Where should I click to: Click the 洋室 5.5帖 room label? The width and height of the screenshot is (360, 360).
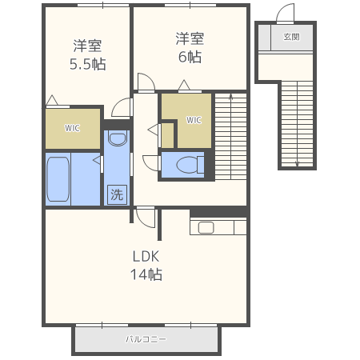coord(88,55)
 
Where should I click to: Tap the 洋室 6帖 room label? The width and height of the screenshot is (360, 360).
coord(190,48)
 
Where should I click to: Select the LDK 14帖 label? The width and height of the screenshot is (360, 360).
coord(146,266)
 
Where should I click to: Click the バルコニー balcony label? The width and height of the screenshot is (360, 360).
coord(146,339)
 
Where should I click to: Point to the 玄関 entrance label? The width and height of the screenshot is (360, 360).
coord(291,37)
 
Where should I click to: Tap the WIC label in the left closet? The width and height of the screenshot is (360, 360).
coord(72,128)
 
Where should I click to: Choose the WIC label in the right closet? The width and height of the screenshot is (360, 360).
coord(194,120)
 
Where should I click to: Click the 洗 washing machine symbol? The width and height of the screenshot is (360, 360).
coord(117,194)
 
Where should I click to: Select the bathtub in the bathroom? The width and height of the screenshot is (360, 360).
coord(58,179)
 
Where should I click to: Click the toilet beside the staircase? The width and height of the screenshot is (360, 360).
coord(190,165)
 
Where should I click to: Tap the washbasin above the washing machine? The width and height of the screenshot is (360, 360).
coord(118,138)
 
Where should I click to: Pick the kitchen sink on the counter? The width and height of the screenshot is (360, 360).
coord(206,228)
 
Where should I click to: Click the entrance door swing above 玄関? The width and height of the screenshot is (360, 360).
coord(285,13)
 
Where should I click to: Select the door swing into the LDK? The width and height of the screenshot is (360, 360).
coord(146,218)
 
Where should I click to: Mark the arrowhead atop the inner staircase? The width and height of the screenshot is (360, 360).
coord(231,96)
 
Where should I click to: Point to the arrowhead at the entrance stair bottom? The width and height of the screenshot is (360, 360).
coord(297,164)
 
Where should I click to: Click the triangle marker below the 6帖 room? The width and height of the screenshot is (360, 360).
coord(184,85)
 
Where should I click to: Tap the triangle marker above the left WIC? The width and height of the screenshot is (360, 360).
coord(52,100)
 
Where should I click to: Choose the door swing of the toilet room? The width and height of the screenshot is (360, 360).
coord(151,162)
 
